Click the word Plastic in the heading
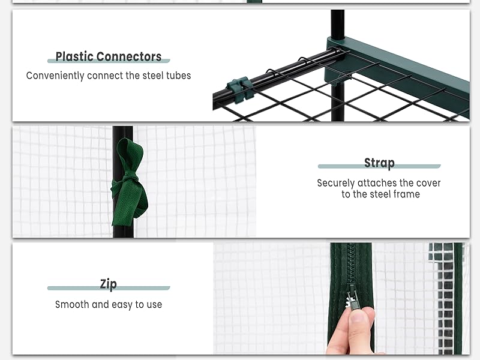(74, 56)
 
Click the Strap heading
(379, 163)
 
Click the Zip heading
(109, 284)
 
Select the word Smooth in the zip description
(72, 305)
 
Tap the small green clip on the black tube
(241, 88)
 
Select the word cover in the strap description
(428, 183)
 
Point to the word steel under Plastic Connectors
(153, 76)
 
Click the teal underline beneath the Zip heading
(109, 288)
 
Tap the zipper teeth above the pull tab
(351, 263)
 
